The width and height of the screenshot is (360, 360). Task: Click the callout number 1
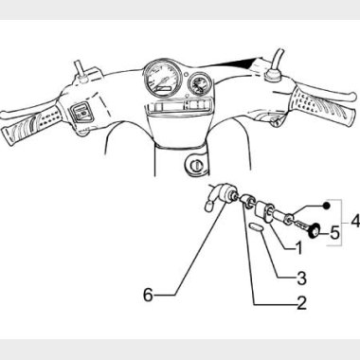point(298,247)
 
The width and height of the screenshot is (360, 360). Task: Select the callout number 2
point(301,303)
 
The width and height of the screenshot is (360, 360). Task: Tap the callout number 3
point(301,279)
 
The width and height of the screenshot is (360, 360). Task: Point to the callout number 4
point(355,221)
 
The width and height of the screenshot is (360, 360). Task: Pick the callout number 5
point(334,233)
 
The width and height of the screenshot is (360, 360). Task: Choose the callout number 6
point(148,296)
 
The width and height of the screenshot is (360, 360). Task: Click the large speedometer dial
point(163,78)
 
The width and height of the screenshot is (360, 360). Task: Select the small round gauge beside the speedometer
point(200,83)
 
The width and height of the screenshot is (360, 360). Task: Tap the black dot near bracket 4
point(327,206)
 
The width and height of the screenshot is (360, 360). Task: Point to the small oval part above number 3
point(255,228)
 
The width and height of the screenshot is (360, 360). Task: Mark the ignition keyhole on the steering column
point(197,164)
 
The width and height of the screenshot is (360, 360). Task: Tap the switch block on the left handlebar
point(81,113)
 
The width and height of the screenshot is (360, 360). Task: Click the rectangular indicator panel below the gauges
point(178,105)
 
